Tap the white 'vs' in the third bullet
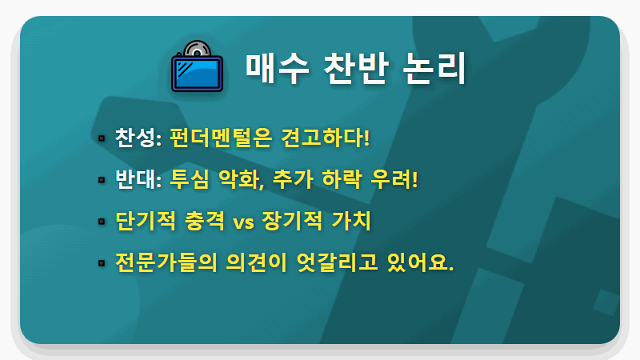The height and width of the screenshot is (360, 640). [243, 222]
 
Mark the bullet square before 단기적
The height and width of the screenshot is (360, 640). [101, 221]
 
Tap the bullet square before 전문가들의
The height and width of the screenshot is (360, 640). [101, 262]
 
